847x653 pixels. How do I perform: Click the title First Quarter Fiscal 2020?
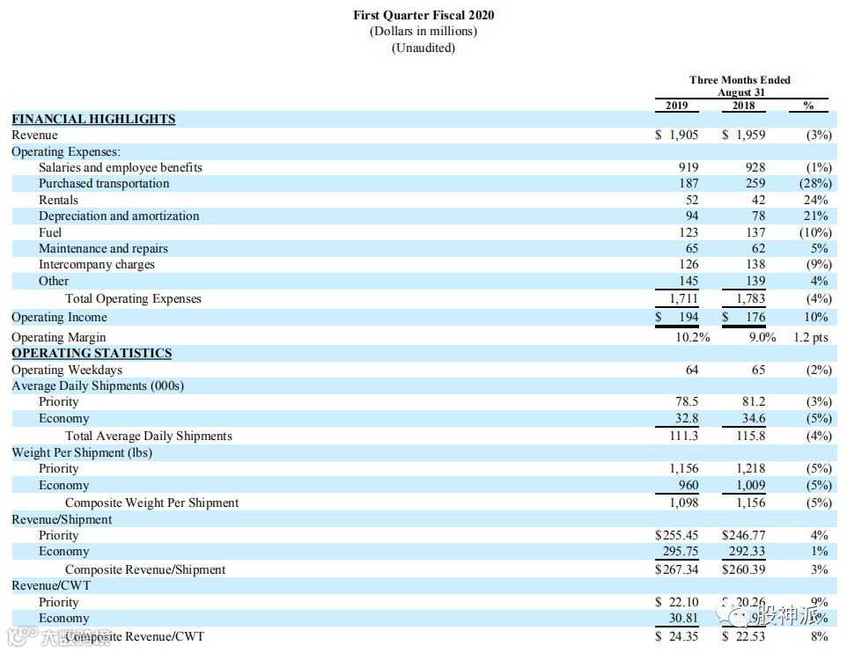pyautogui.click(x=423, y=15)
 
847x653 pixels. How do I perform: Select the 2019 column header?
pyautogui.click(x=676, y=106)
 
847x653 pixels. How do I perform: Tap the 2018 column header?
pyautogui.click(x=743, y=106)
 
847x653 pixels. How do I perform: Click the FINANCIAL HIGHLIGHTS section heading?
pyautogui.click(x=93, y=119)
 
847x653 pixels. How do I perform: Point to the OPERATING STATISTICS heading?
pyautogui.click(x=92, y=353)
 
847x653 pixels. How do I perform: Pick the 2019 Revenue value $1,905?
pyautogui.click(x=677, y=135)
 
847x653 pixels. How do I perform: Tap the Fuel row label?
pyautogui.click(x=50, y=232)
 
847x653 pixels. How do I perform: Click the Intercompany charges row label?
pyautogui.click(x=96, y=264)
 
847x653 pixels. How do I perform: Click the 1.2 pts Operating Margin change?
pyautogui.click(x=810, y=337)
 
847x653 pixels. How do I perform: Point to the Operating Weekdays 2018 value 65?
pyautogui.click(x=758, y=370)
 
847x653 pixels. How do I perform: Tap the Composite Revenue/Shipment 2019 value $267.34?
pyautogui.click(x=677, y=569)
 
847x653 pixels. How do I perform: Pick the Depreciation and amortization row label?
pyautogui.click(x=118, y=216)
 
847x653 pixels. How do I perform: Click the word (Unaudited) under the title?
pyautogui.click(x=423, y=48)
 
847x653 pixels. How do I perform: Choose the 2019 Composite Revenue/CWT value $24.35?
pyautogui.click(x=677, y=635)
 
